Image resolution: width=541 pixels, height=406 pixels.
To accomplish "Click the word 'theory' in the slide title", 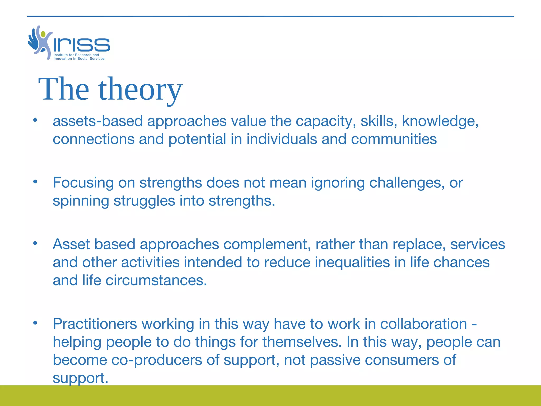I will pos(140,90).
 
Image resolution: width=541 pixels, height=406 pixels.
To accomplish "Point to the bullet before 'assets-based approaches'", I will pos(35,120).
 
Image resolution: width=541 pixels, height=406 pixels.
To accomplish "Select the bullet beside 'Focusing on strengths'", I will pos(35,182).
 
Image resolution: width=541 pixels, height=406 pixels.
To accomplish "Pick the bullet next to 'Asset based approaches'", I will pos(35,243).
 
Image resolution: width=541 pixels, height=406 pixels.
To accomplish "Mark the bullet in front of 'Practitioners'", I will pos(35,323).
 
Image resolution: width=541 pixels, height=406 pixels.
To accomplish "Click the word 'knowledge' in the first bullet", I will pos(440,121).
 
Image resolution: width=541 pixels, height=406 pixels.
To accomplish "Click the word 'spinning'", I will pos(81,201).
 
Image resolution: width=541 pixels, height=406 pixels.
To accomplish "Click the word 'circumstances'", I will pos(156,280).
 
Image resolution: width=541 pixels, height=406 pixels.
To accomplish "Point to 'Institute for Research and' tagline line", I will pos(76,55).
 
